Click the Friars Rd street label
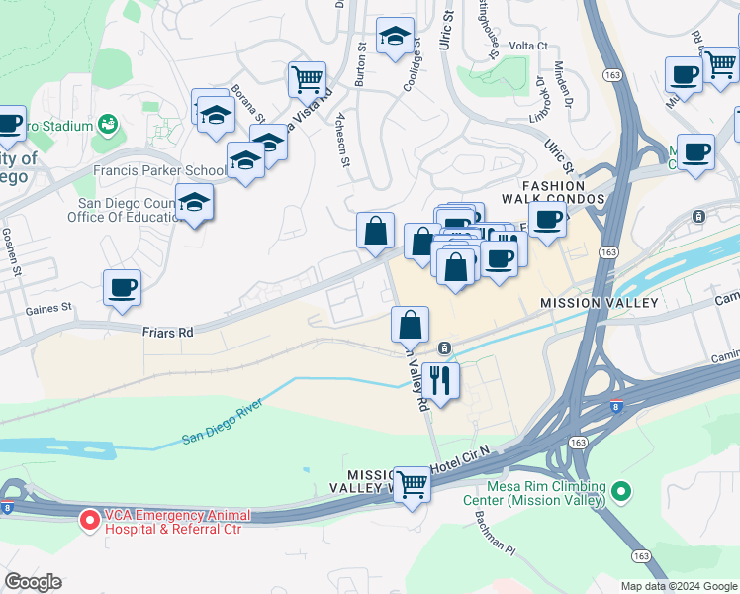pyautogui.click(x=166, y=334)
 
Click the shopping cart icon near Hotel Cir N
pyautogui.click(x=412, y=484)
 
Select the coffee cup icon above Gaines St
pyautogui.click(x=123, y=288)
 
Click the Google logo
pyautogui.click(x=33, y=582)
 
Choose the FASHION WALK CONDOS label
pyautogui.click(x=567, y=193)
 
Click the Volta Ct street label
pyautogui.click(x=528, y=46)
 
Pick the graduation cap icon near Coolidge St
pyautogui.click(x=395, y=38)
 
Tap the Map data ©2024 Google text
pyautogui.click(x=678, y=586)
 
